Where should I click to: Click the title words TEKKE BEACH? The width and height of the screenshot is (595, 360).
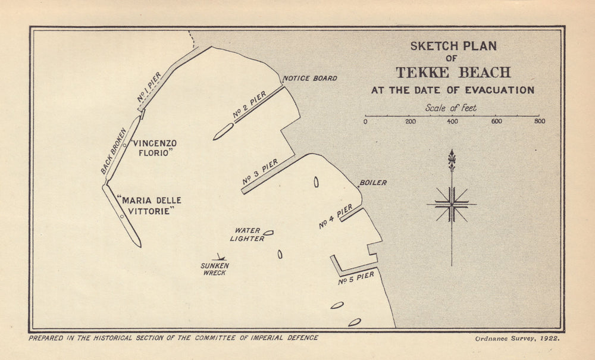453,73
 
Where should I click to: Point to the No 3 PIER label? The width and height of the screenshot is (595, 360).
260,171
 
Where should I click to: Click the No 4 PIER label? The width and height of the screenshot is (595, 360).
336,217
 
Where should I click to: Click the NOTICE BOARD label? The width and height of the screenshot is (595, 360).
309,78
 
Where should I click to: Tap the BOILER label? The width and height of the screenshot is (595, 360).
373,183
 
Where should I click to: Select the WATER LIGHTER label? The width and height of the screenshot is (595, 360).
248,234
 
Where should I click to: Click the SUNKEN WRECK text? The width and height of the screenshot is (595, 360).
214,269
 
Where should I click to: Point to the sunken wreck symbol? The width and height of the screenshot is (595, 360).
219,258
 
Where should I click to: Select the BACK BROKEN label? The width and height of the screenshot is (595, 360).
114,151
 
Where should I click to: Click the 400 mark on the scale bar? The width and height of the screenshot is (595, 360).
452,121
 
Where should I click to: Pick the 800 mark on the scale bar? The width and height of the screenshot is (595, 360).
539,121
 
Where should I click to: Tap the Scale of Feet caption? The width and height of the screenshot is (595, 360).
451,108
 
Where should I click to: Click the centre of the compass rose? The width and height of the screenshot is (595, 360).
452,204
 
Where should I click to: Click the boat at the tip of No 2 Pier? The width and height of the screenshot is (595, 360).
223,132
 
